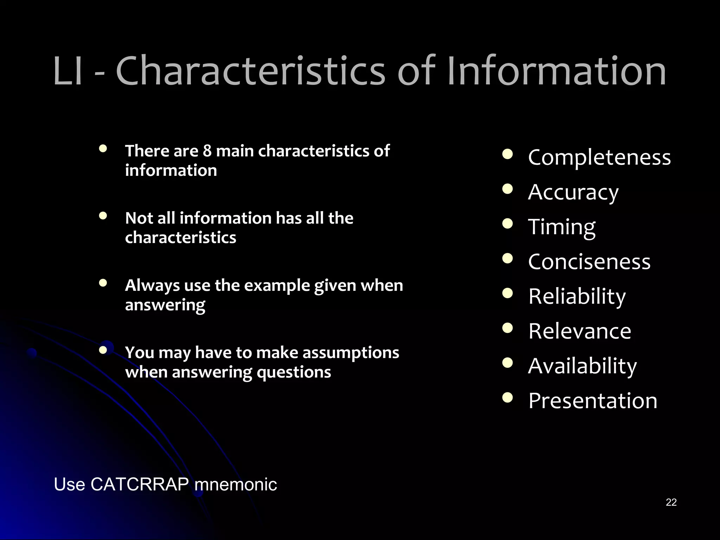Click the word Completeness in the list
[599, 157]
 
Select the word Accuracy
[573, 193]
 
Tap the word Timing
[562, 227]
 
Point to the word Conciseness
[589, 262]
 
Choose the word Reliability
[577, 296]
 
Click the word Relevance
[580, 331]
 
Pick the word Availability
[582, 366]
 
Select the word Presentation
[593, 401]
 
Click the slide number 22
[671, 502]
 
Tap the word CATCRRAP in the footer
[140, 484]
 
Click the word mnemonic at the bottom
[236, 484]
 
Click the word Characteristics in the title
[251, 72]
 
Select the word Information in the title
[556, 72]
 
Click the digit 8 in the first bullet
[207, 151]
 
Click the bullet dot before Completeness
[507, 154]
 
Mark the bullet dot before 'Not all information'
[103, 216]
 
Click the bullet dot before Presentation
[507, 398]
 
